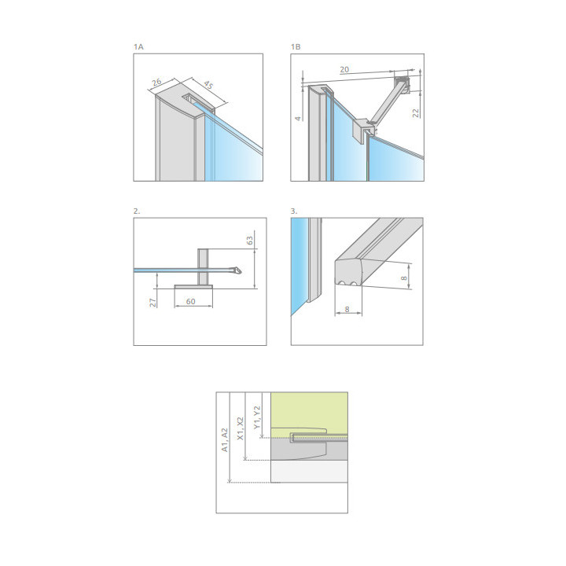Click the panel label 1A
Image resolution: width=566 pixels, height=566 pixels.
coord(138,47)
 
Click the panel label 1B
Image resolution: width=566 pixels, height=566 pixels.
coord(296,47)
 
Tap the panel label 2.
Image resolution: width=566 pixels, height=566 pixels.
coord(137,211)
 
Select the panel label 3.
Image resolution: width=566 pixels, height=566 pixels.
coord(294,211)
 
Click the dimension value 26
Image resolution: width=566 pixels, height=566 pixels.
coord(156,83)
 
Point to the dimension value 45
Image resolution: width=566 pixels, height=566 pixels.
coord(208,85)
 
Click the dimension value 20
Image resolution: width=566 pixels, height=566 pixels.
coord(344,69)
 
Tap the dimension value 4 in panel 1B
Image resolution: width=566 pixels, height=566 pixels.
coord(298,119)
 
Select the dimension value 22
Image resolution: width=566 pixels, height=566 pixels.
coord(416,113)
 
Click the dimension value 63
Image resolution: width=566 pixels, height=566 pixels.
coord(250,241)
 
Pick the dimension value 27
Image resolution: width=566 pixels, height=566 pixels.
coord(153,303)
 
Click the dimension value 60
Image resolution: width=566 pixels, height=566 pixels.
coord(190,301)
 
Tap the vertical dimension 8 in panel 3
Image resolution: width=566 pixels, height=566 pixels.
coord(404,278)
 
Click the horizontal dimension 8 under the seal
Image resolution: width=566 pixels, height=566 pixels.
coord(347,310)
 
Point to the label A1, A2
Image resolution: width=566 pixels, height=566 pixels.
coord(225,440)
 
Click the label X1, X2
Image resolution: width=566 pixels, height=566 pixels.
coord(240,428)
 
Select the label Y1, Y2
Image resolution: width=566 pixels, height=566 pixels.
coord(256,417)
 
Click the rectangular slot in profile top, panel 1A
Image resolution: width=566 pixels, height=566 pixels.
coord(198,101)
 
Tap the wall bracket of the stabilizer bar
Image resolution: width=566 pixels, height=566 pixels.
coord(402,84)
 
